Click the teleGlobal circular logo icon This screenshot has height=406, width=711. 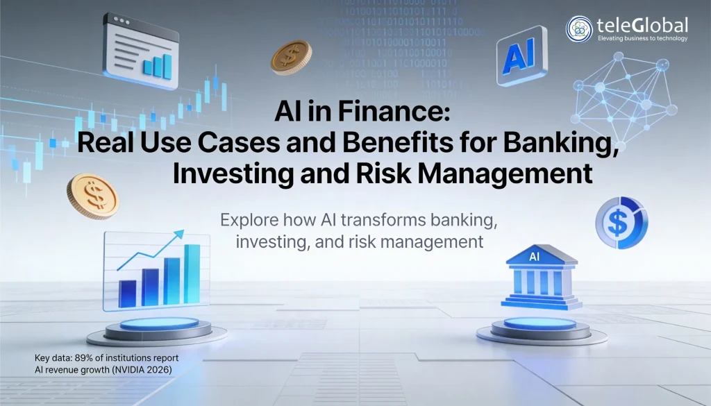579,28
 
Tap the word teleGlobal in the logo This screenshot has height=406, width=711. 642,25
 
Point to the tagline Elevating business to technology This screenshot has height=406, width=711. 642,39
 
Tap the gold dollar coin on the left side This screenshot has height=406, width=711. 92,196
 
